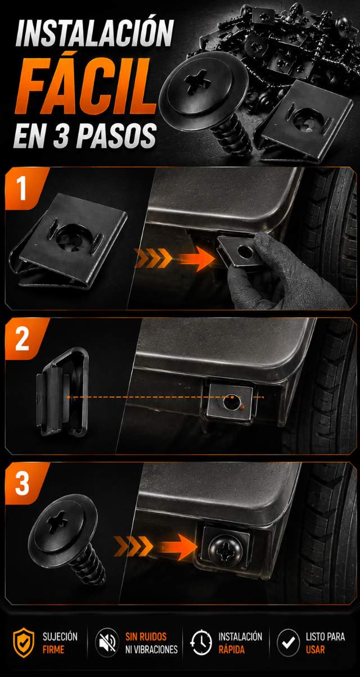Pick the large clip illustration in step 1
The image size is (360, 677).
[69, 242]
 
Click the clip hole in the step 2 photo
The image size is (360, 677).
[232, 401]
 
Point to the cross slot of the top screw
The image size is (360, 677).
[197, 81]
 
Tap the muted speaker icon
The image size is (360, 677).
[107, 642]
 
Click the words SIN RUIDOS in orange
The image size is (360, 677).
[146, 637]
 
